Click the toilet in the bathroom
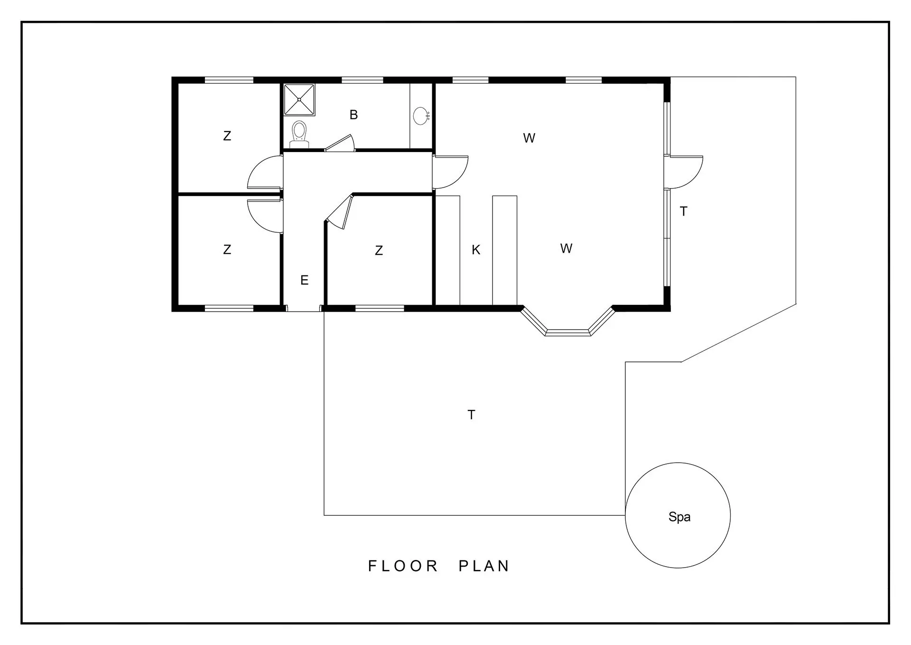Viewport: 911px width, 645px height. (x=299, y=133)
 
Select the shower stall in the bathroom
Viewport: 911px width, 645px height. (x=299, y=100)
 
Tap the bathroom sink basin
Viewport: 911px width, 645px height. (x=421, y=116)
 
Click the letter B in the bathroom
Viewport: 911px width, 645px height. (x=353, y=114)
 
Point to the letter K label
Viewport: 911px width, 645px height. (x=476, y=250)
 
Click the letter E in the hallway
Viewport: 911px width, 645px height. (x=305, y=280)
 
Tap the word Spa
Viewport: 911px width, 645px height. (x=679, y=517)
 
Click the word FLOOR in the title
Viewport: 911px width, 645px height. (x=403, y=566)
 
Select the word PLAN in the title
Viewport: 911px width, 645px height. (x=484, y=566)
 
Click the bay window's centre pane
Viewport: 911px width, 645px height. (x=568, y=332)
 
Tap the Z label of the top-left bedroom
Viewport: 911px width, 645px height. (x=227, y=136)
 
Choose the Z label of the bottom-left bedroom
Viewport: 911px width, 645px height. (x=227, y=249)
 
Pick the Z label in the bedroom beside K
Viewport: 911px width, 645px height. (x=379, y=250)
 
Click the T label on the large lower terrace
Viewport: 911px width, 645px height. (x=471, y=415)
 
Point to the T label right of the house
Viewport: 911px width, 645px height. (x=683, y=211)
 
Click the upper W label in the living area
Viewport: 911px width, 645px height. (x=529, y=138)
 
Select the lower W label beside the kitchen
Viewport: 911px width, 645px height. (x=566, y=248)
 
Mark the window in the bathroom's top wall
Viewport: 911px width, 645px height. (x=363, y=80)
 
